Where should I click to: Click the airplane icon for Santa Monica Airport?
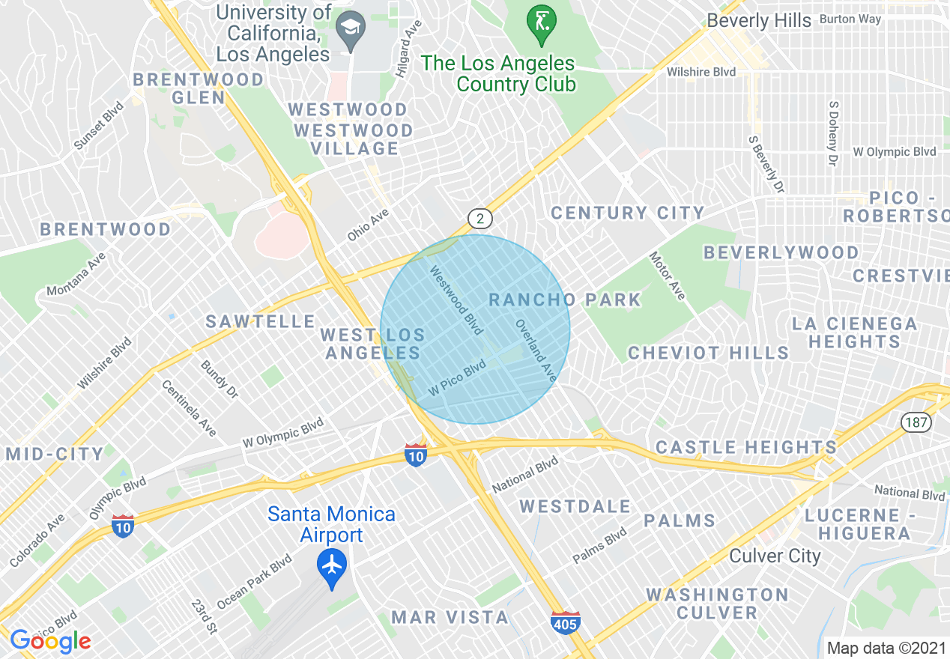pyautogui.click(x=332, y=565)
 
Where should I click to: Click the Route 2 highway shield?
pyautogui.click(x=480, y=219)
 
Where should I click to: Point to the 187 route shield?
pyautogui.click(x=916, y=422)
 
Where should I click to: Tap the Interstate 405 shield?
pyautogui.click(x=565, y=622)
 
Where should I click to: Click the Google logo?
pyautogui.click(x=50, y=640)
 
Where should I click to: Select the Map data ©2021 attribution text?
pyautogui.click(x=886, y=648)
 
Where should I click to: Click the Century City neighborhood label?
pyautogui.click(x=627, y=213)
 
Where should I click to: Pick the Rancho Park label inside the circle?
pyautogui.click(x=565, y=300)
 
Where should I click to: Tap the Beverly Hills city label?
pyautogui.click(x=759, y=20)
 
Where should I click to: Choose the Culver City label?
pyautogui.click(x=775, y=556)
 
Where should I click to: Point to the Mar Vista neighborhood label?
pyautogui.click(x=450, y=618)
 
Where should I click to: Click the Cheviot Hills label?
pyautogui.click(x=708, y=353)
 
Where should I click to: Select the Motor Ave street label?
pyautogui.click(x=667, y=276)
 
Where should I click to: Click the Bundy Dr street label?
pyautogui.click(x=219, y=379)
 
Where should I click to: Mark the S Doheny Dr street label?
pyautogui.click(x=832, y=133)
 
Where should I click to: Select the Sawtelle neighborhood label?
pyautogui.click(x=261, y=322)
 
